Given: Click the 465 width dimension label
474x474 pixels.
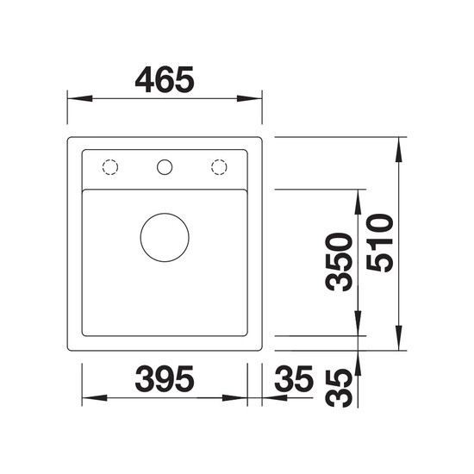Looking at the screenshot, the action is point(165,79).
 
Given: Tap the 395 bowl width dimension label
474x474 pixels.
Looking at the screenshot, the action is point(165,379).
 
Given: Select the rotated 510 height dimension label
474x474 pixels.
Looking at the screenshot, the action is point(380,243).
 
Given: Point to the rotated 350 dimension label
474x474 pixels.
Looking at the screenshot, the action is point(339,262).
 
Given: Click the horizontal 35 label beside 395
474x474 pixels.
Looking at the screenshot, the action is point(294,379).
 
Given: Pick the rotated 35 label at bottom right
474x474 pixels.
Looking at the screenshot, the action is point(339,388).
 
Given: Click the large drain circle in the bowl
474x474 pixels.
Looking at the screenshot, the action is point(165,214).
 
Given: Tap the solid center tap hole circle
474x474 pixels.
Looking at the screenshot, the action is point(165,159).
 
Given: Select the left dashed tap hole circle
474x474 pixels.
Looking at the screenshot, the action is point(110,159).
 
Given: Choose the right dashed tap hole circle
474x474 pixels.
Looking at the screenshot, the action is point(219,159).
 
